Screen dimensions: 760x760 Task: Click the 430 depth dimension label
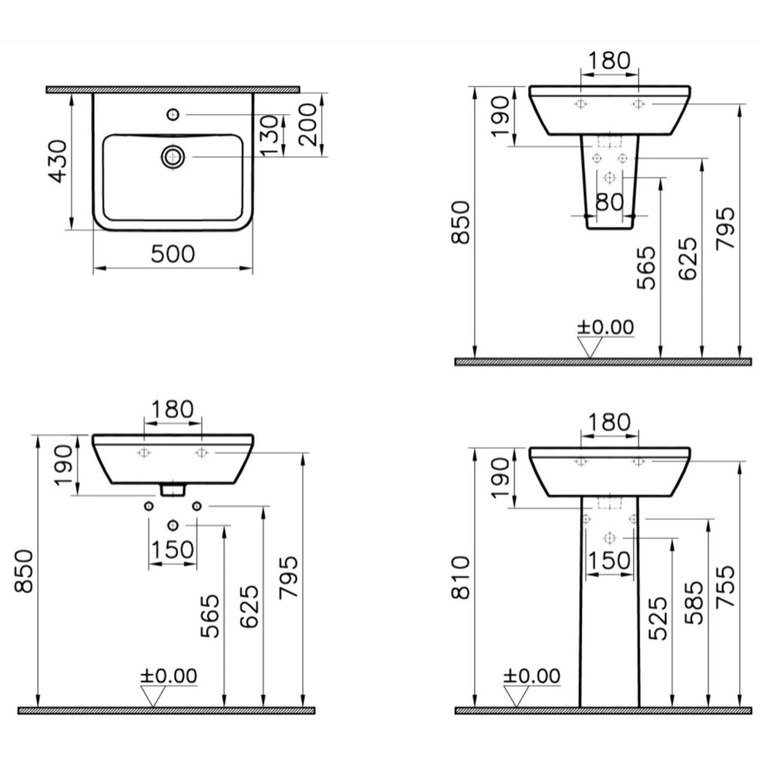[58, 161]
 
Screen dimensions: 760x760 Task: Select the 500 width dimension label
[173, 254]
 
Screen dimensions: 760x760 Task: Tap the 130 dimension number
[270, 134]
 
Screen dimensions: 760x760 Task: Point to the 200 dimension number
[308, 125]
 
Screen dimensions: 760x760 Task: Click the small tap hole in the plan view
[174, 114]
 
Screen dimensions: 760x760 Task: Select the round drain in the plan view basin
[172, 156]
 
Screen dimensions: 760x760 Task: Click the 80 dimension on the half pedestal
[610, 202]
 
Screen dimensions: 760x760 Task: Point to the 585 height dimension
[695, 602]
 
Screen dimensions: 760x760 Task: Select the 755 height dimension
[726, 586]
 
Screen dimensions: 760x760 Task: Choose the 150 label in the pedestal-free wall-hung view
[172, 550]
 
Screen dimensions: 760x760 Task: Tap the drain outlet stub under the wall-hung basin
[172, 489]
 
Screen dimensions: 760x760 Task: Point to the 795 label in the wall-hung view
[289, 578]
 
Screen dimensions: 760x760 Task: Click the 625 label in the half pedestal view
[688, 258]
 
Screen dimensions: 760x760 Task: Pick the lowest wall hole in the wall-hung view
[173, 525]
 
